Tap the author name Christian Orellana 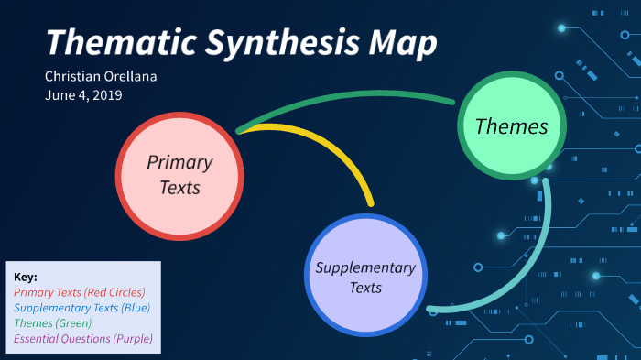click(101, 76)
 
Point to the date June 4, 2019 click(82, 94)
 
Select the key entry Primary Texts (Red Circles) click(80, 292)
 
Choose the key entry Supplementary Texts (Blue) click(82, 308)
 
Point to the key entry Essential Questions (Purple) click(83, 339)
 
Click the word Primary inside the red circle click(179, 163)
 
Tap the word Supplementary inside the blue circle click(365, 267)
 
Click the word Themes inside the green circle click(511, 127)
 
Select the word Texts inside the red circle click(179, 188)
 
